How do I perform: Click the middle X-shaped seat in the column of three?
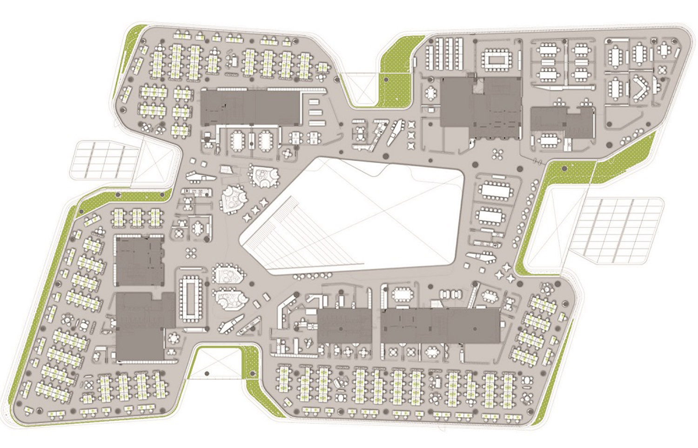pyautogui.click(x=411, y=135)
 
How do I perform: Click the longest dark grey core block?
pyautogui.click(x=440, y=326)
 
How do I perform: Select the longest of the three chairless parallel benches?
pyautogui.click(x=316, y=123)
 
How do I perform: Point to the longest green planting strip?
pyautogui.click(x=42, y=303)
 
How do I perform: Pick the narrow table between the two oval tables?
pyautogui.click(x=251, y=140)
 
